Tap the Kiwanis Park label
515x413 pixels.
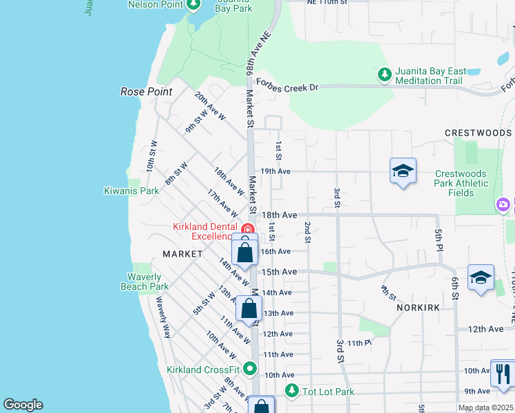132,191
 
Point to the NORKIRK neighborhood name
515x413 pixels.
419,308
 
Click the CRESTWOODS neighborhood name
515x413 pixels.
478,133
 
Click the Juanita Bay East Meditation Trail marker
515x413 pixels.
384,73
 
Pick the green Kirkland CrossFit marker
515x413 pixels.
250,369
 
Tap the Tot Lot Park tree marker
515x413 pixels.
292,391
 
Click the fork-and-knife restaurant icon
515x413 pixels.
502,372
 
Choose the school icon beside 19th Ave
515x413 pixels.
403,171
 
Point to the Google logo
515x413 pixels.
23,405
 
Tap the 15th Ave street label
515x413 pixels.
279,272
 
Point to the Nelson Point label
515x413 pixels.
157,4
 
